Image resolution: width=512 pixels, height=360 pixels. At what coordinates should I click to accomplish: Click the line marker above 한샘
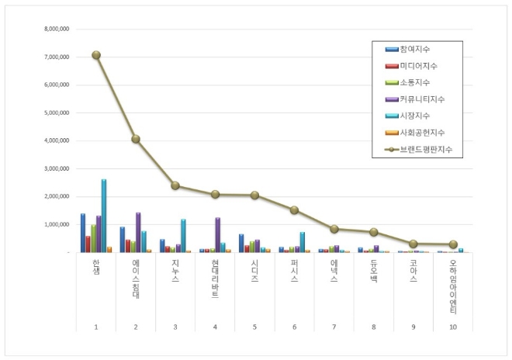(x=96, y=55)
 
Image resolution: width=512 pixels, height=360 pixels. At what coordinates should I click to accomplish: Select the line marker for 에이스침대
(x=136, y=139)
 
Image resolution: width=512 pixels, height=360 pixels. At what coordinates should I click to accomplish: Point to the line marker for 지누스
(x=175, y=185)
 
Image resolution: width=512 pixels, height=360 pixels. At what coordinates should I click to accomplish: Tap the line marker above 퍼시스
(x=294, y=209)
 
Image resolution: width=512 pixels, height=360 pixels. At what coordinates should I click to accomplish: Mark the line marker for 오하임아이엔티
(x=453, y=244)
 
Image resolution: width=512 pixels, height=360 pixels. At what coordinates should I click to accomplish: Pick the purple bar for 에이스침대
(x=139, y=232)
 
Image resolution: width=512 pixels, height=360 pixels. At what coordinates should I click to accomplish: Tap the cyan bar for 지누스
(x=183, y=236)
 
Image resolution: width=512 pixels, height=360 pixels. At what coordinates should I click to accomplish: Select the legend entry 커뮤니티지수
(x=421, y=99)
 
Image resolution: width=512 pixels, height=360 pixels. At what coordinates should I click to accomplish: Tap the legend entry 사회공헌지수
(x=421, y=132)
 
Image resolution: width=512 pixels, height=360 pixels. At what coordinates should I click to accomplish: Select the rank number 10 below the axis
(x=453, y=327)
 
